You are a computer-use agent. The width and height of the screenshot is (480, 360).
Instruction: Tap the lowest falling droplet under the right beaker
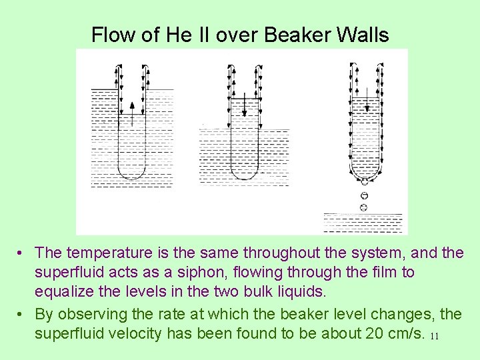363,208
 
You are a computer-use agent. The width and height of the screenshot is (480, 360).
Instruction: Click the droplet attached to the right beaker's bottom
364,181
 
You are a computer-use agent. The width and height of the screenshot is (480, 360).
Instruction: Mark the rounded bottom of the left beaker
132,175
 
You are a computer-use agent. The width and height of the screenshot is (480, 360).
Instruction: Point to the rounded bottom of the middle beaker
245,175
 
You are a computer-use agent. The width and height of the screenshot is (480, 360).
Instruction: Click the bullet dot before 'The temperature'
22,253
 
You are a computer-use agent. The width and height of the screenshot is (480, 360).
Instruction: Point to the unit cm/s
403,333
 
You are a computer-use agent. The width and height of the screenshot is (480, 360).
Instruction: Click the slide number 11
434,336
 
